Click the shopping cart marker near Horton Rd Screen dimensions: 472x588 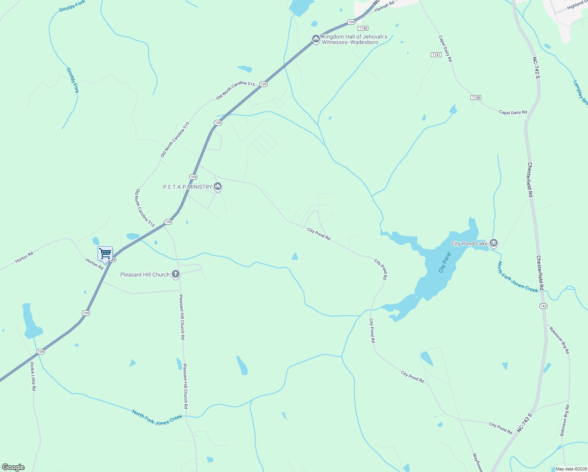click(105, 253)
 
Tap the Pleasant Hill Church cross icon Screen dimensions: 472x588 click(176, 274)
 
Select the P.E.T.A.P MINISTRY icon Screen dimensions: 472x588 click(218, 186)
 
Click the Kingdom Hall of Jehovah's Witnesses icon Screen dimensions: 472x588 click(315, 39)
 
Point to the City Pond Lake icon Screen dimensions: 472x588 click(494, 243)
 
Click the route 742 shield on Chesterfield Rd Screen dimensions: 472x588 click(543, 306)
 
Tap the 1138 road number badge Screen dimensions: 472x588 click(476, 97)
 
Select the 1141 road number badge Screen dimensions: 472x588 click(436, 55)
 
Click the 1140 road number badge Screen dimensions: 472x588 click(362, 28)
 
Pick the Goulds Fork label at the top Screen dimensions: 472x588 click(72, 6)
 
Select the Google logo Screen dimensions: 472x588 click(13, 467)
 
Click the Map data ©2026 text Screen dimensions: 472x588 click(570, 469)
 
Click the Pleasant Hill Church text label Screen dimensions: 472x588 click(145, 275)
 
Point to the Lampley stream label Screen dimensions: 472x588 click(581, 92)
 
